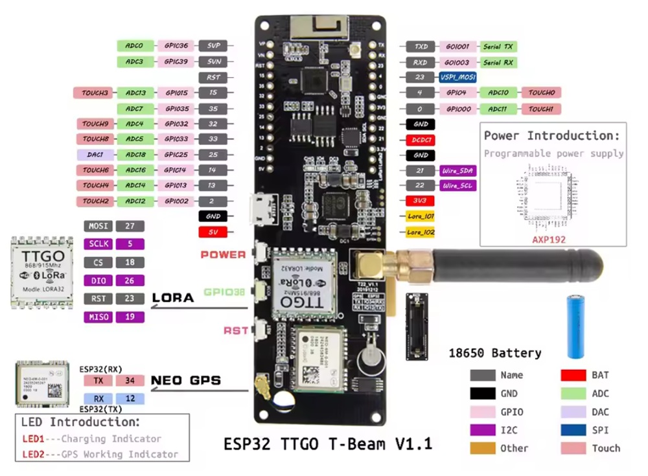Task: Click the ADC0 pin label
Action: (135, 46)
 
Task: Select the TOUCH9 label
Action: (95, 124)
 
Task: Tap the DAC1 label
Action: (95, 155)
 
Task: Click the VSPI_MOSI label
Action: (459, 77)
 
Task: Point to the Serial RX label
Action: (498, 63)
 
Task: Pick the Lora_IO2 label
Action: (421, 232)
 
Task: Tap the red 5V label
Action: (213, 232)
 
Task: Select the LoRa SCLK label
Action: (98, 245)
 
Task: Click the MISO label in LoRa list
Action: (98, 317)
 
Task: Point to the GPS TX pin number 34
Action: (130, 381)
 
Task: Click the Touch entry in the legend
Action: (605, 448)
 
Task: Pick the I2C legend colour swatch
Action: (482, 430)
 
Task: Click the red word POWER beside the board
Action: (222, 255)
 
